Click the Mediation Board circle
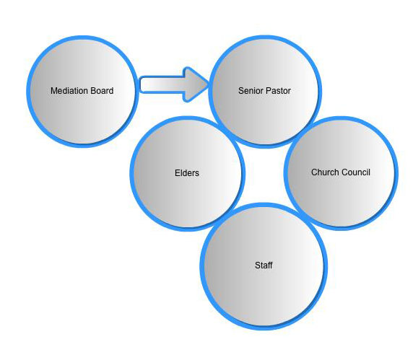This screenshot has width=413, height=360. (82, 92)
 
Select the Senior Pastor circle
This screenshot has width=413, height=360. (265, 92)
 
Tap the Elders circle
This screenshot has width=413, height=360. (188, 174)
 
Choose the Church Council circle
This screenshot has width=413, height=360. (341, 173)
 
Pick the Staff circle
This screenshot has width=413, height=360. (264, 266)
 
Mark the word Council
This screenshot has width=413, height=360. (355, 172)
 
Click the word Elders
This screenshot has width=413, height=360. (187, 173)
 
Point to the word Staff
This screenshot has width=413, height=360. (264, 265)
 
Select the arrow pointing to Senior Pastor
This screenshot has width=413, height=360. (174, 84)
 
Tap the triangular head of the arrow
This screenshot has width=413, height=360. (196, 84)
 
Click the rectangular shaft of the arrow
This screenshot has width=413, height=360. (162, 84)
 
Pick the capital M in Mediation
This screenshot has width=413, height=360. (53, 91)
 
